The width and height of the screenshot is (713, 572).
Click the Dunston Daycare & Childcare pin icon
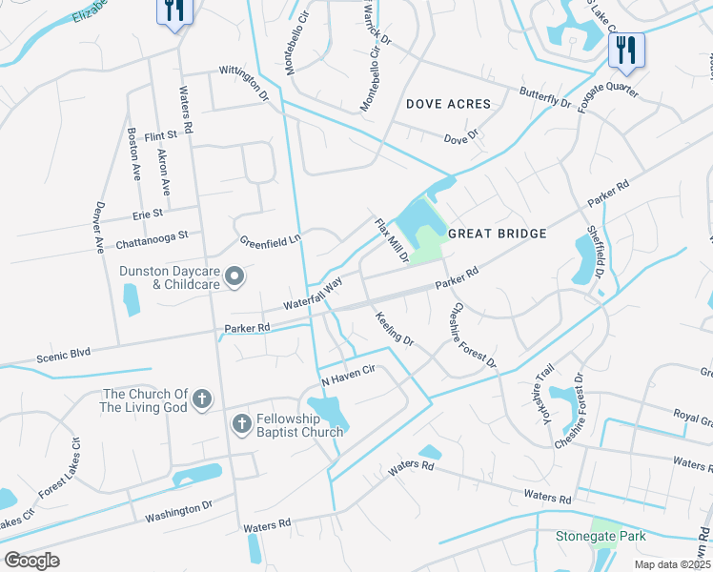pos(235,277)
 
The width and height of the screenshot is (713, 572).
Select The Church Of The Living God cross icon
pos(201,399)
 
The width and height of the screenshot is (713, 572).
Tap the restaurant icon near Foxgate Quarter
pos(626,49)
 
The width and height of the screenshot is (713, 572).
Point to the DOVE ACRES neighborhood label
pos(448,104)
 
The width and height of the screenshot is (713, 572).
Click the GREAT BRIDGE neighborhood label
pos(497,234)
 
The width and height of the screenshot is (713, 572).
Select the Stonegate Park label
pos(601,536)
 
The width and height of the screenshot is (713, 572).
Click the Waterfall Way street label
pos(313,295)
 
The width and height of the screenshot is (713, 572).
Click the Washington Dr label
pos(178,511)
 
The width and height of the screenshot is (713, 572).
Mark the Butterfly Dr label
pos(544,96)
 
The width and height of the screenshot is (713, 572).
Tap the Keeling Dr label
pos(394,329)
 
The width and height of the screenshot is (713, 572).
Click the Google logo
pos(31,560)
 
